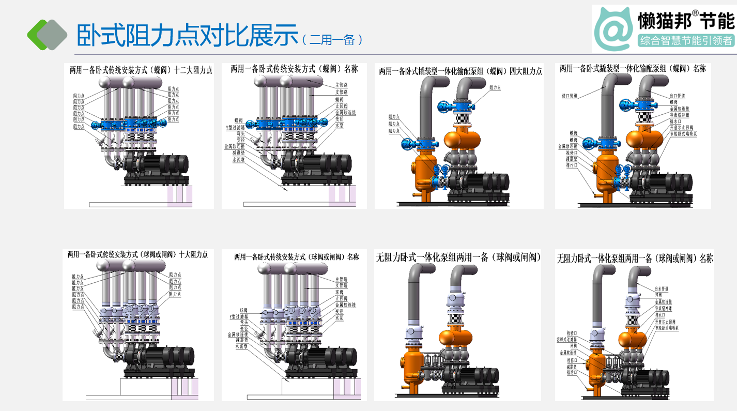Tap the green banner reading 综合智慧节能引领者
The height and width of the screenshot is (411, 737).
point(686,40)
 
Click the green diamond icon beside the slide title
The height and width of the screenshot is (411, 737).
point(47,34)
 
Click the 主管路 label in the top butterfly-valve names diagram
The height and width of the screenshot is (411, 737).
point(342,85)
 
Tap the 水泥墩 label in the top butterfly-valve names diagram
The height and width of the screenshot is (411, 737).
point(238,160)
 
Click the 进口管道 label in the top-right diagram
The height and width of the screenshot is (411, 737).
point(570,96)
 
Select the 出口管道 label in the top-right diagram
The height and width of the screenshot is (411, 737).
point(677,96)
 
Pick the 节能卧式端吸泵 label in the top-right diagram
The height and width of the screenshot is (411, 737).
point(683,133)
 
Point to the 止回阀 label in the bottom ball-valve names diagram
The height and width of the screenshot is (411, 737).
point(341,298)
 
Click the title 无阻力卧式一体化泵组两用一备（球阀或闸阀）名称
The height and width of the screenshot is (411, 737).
point(634,258)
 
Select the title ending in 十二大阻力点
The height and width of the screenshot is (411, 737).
point(141,70)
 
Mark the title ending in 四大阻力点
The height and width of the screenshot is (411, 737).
point(460,71)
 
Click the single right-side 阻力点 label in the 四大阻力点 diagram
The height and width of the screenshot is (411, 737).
point(495,88)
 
